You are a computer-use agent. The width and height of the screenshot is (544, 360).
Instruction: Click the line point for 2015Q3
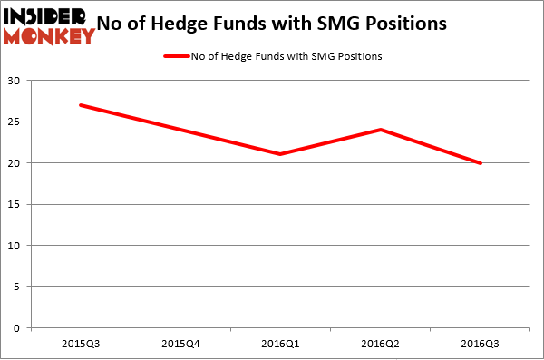pyautogui.click(x=81, y=105)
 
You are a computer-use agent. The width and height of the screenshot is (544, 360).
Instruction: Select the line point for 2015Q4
pyautogui.click(x=181, y=130)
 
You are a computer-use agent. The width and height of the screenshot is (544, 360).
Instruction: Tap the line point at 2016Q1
pyautogui.click(x=281, y=154)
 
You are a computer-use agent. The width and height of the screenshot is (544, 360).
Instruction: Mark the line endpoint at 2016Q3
pyautogui.click(x=481, y=163)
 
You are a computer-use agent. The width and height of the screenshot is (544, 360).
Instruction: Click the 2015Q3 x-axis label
pyautogui.click(x=81, y=344)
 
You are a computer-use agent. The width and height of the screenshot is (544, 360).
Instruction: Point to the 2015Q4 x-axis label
pyautogui.click(x=181, y=344)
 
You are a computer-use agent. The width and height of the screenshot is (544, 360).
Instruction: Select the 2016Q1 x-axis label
pyautogui.click(x=281, y=344)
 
